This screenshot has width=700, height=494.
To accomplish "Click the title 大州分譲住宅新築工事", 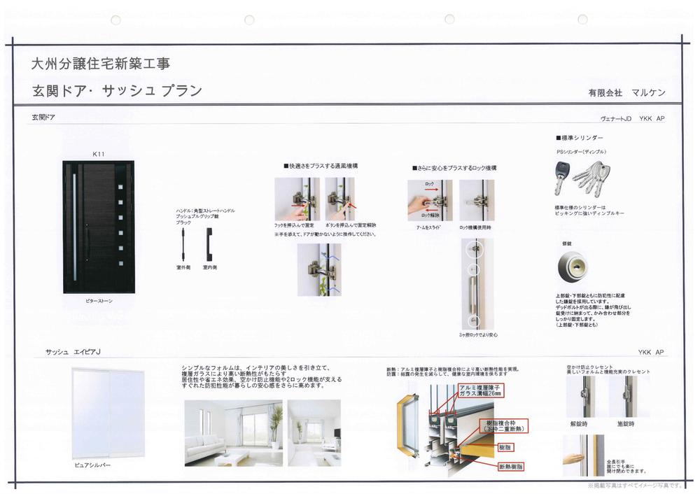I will tap(101, 64).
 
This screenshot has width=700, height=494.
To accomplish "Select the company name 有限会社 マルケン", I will tap(626, 93).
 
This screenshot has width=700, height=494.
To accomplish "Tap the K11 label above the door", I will tap(98, 154).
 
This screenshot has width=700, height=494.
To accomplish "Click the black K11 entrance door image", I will tap(98, 227).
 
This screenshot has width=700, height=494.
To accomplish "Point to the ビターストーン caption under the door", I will tap(97, 301).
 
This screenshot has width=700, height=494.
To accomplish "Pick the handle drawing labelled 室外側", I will tap(183, 243).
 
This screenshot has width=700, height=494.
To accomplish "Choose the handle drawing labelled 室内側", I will tap(208, 243).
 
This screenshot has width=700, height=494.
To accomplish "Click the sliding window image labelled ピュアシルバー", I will tap(108, 413).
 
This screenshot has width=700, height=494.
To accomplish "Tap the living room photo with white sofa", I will tap(233, 432).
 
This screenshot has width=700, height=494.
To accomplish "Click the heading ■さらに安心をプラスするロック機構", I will tap(454, 168).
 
